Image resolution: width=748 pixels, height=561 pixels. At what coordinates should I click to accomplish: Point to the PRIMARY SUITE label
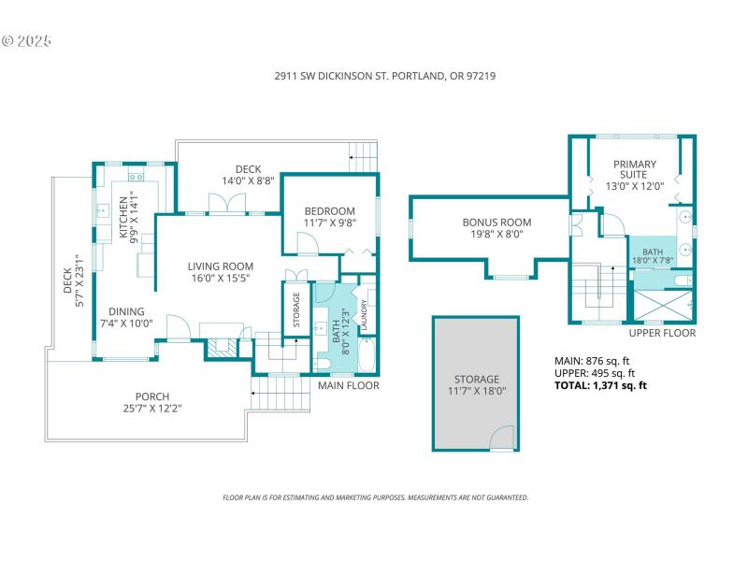[635, 175]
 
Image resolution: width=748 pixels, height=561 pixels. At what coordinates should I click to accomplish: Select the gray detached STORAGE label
[476, 385]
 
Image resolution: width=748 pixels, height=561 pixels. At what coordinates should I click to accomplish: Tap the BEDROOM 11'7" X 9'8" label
[329, 217]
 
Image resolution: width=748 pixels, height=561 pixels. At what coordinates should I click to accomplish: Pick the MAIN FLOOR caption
[348, 385]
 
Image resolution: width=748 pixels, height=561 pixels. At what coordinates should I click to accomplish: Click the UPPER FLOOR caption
[662, 333]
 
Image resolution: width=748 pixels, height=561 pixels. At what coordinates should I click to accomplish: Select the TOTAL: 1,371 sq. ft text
[601, 384]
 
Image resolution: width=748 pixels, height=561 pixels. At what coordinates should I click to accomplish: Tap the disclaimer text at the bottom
[374, 497]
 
